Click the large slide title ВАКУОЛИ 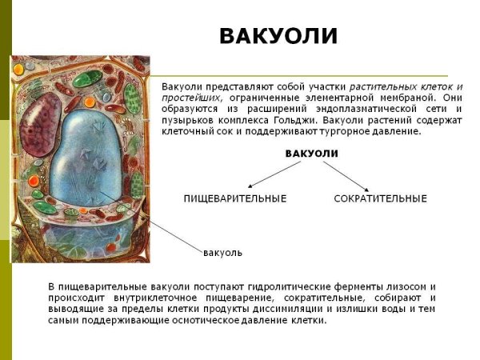click(278, 37)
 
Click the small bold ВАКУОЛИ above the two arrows click(312, 153)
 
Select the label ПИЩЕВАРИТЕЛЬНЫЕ click(235, 198)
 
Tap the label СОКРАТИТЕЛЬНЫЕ click(380, 198)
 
